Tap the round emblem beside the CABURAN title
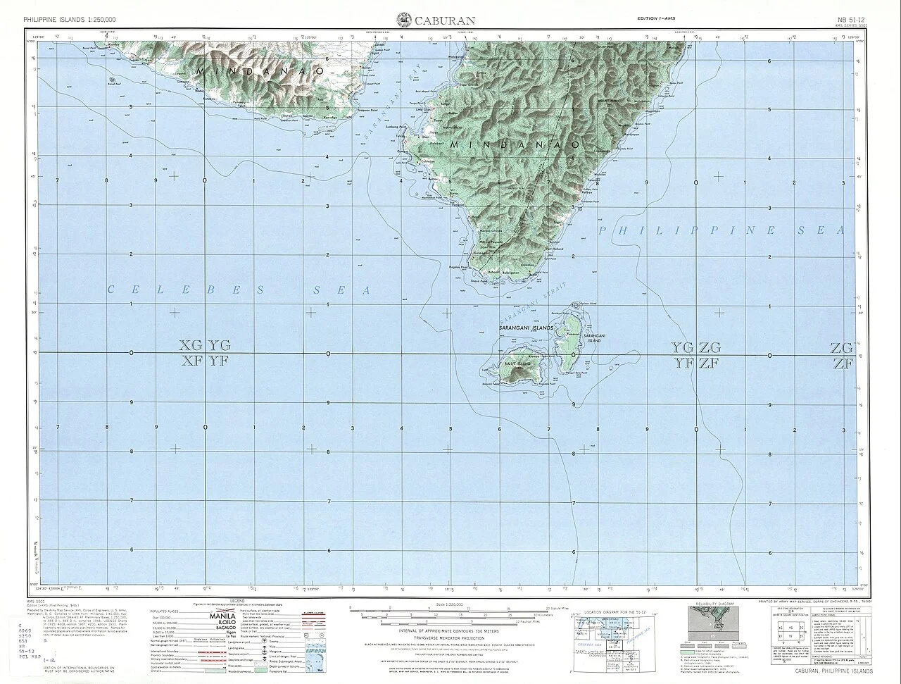coord(405,19)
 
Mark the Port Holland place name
coord(555,249)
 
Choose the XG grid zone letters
coord(191,345)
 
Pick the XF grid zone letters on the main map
coord(191,361)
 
